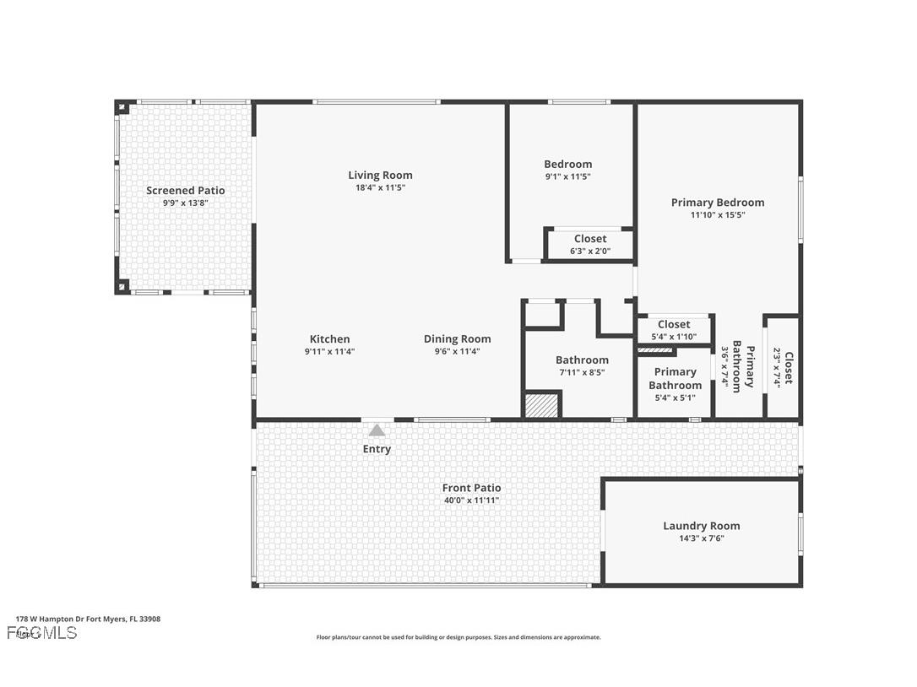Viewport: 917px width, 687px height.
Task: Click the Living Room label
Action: click(380, 176)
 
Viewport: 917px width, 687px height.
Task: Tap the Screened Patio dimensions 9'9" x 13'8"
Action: click(185, 203)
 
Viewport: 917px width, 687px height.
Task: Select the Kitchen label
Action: click(329, 339)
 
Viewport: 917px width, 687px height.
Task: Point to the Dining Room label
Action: click(457, 339)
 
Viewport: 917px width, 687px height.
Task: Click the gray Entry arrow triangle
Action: click(377, 430)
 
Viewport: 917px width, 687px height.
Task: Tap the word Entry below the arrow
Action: click(377, 449)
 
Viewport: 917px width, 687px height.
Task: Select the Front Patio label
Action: click(471, 488)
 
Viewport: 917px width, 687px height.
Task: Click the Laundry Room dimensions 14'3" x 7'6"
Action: click(701, 538)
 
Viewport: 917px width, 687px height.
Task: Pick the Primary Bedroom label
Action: click(718, 203)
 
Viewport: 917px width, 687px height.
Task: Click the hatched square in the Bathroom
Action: click(543, 404)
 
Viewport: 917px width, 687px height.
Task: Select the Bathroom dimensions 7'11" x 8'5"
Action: click(582, 372)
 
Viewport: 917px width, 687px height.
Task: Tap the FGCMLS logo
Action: click(41, 632)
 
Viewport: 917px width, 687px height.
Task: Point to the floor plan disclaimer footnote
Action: click(458, 637)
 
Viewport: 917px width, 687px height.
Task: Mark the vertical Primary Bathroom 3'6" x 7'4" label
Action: click(736, 366)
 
